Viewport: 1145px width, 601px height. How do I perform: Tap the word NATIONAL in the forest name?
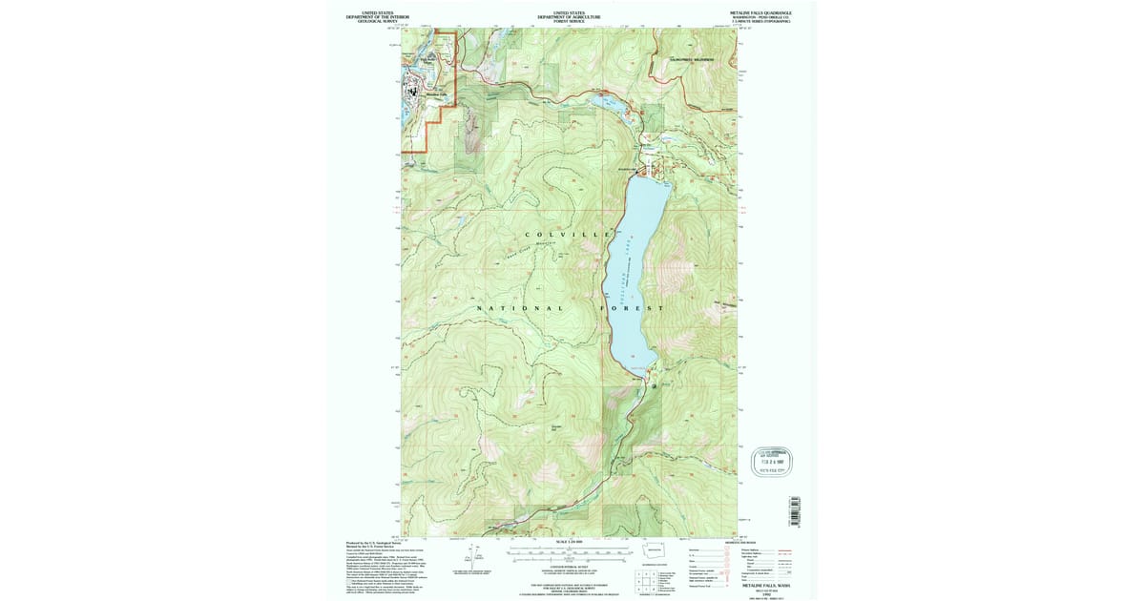coord(520,308)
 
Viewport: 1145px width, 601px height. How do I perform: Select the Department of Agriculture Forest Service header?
coord(569,16)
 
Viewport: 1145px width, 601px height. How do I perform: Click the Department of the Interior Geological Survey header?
coord(377,16)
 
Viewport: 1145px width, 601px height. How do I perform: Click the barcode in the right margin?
coord(792,509)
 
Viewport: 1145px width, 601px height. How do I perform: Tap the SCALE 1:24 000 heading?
coord(569,543)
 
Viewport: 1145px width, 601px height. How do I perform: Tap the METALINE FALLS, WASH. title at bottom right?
coord(768,586)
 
